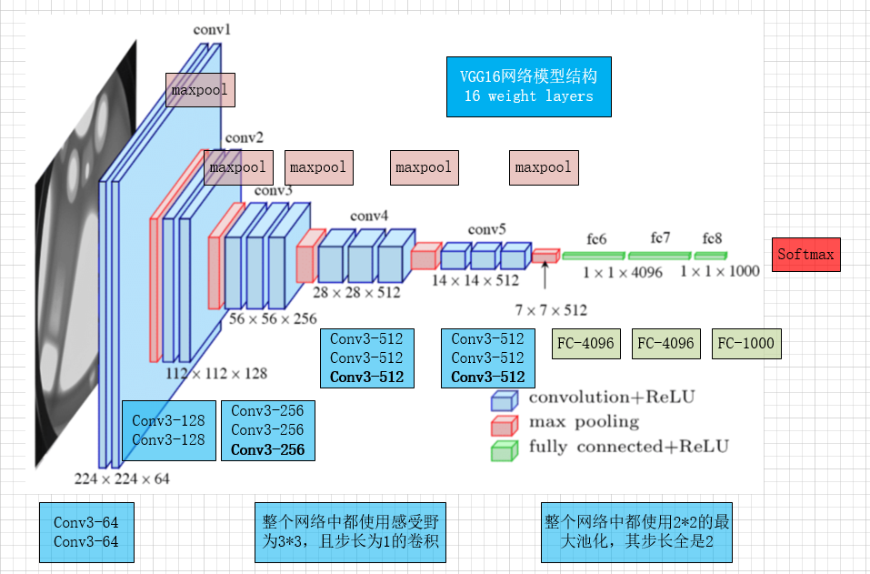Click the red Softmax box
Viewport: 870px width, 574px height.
(x=805, y=255)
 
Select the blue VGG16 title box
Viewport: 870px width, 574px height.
(x=528, y=86)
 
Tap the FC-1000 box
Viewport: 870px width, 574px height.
(x=745, y=344)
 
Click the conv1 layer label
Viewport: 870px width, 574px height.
(x=213, y=30)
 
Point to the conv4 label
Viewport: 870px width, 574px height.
(x=369, y=216)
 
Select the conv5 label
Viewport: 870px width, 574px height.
(x=487, y=229)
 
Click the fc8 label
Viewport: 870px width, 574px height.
(x=712, y=238)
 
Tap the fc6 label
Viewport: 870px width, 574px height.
(x=596, y=238)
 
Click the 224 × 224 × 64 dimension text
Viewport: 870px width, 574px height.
(x=122, y=478)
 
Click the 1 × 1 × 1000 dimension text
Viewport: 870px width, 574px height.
(x=718, y=271)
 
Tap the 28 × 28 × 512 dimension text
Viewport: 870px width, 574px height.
(x=356, y=292)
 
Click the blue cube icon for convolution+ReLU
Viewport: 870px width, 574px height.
(x=504, y=399)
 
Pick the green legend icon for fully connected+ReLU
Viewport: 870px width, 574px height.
(x=504, y=449)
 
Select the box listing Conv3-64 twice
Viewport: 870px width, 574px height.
(x=86, y=532)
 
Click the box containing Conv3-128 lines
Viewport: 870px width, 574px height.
(x=169, y=430)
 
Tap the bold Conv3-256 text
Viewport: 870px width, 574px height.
(x=267, y=449)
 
